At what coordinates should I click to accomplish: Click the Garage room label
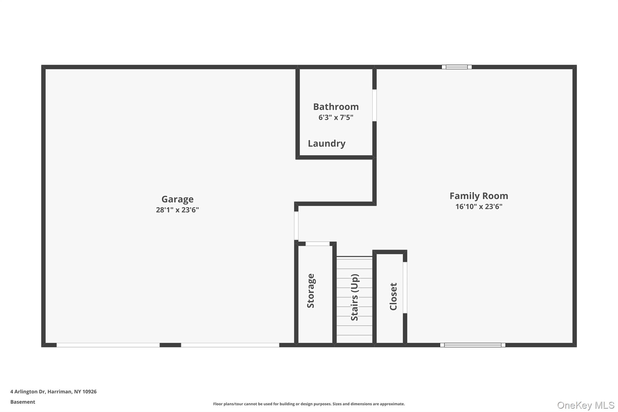click(177, 199)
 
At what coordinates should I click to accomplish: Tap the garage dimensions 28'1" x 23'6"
click(177, 210)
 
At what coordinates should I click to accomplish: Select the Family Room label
click(479, 196)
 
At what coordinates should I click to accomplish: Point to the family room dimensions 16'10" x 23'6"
click(479, 206)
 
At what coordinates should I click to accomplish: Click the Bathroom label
click(336, 107)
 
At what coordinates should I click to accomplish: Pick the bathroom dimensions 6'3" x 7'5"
click(336, 117)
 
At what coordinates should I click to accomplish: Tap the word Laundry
click(327, 143)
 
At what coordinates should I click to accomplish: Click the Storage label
click(311, 291)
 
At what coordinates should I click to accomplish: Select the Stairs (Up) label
click(355, 297)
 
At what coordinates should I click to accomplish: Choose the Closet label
click(393, 296)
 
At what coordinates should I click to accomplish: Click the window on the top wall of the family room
click(457, 67)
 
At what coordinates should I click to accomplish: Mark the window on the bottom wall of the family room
click(473, 345)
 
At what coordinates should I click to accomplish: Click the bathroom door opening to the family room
click(374, 105)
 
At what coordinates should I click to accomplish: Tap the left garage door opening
click(108, 345)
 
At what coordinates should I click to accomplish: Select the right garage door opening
click(230, 345)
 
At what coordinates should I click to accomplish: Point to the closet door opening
click(405, 287)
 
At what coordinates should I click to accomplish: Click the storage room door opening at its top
click(317, 244)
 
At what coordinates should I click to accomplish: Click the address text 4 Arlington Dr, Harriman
click(53, 392)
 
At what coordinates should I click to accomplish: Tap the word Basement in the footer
click(23, 402)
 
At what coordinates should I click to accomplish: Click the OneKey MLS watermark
click(585, 405)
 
